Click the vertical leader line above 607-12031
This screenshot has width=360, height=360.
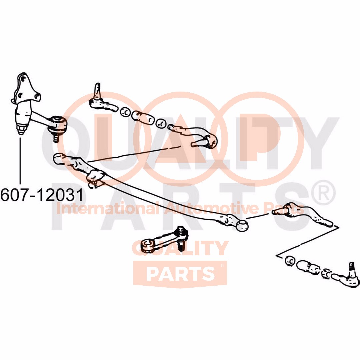(21, 160)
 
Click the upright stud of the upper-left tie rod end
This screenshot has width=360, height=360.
(97, 90)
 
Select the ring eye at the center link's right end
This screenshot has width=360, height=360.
(242, 226)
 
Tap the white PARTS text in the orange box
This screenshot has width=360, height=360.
(180, 273)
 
